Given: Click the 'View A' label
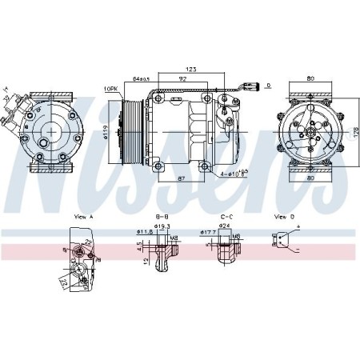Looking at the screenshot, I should point(83,218).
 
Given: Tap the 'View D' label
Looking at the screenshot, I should point(284,218).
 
